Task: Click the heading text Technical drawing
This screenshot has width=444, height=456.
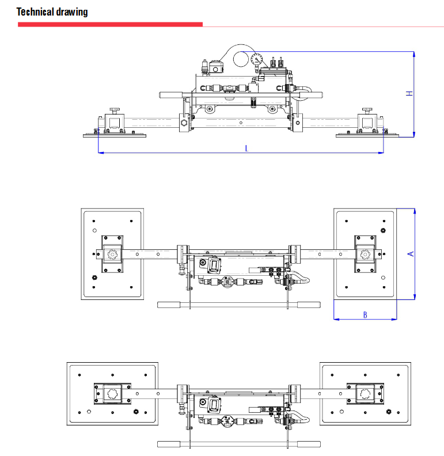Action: coord(52,12)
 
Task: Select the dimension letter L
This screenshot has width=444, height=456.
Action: coord(246,149)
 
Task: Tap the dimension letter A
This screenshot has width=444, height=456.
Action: coord(410,253)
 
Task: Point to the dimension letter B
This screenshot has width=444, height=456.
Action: coord(365,314)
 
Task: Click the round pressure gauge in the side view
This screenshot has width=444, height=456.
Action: coord(256,59)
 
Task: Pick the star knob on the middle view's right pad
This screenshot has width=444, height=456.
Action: coord(364,254)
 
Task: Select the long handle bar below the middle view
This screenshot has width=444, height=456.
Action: coord(238,305)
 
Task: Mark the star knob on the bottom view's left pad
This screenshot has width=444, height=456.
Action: coord(112,394)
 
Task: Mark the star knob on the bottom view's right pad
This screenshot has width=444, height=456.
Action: coord(364,394)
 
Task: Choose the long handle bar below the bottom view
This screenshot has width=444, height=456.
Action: coord(238,444)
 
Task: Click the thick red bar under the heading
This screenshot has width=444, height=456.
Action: coord(110,24)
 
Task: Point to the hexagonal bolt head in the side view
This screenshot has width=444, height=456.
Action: coord(184,123)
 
